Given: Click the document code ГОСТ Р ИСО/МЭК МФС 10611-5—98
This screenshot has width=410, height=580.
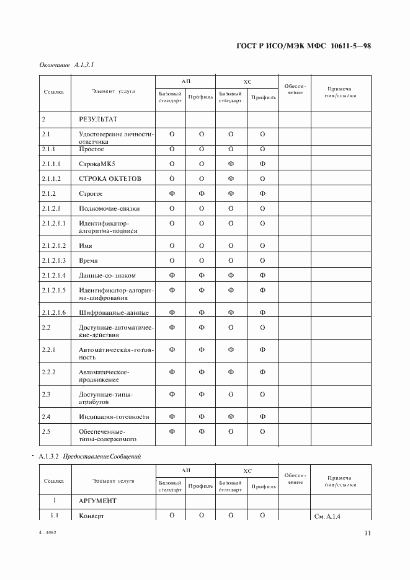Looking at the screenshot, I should (x=303, y=46).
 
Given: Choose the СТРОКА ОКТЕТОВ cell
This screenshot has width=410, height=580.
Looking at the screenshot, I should (x=110, y=179).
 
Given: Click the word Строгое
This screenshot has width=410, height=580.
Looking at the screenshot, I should (x=91, y=194).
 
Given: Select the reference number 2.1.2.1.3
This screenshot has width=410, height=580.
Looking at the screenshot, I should (x=55, y=261).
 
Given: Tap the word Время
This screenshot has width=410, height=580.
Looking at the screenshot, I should (x=88, y=261).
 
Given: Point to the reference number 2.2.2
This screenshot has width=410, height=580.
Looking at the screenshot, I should (x=48, y=372).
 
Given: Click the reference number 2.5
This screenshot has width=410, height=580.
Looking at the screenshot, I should (x=46, y=431).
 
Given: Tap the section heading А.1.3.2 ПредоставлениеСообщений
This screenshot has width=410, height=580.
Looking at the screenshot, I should (x=90, y=457).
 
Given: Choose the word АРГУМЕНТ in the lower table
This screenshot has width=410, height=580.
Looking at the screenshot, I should (x=98, y=500).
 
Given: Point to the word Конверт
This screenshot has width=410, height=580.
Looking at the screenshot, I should (x=92, y=516).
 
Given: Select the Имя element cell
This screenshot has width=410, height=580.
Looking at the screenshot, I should (x=86, y=246).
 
